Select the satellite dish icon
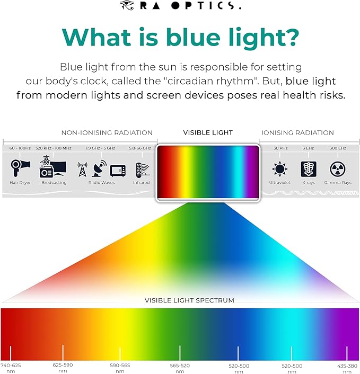click(x=99, y=168)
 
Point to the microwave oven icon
click(x=118, y=170)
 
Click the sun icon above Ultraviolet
click(x=279, y=169)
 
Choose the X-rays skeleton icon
click(x=308, y=169)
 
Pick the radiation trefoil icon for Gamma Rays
click(x=337, y=169)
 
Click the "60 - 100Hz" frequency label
click(x=20, y=148)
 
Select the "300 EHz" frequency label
click(x=337, y=148)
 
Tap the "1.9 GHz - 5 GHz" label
click(x=101, y=148)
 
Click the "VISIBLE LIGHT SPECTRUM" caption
click(x=189, y=300)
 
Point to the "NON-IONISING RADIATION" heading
click(x=107, y=133)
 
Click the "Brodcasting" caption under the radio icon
click(x=54, y=183)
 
